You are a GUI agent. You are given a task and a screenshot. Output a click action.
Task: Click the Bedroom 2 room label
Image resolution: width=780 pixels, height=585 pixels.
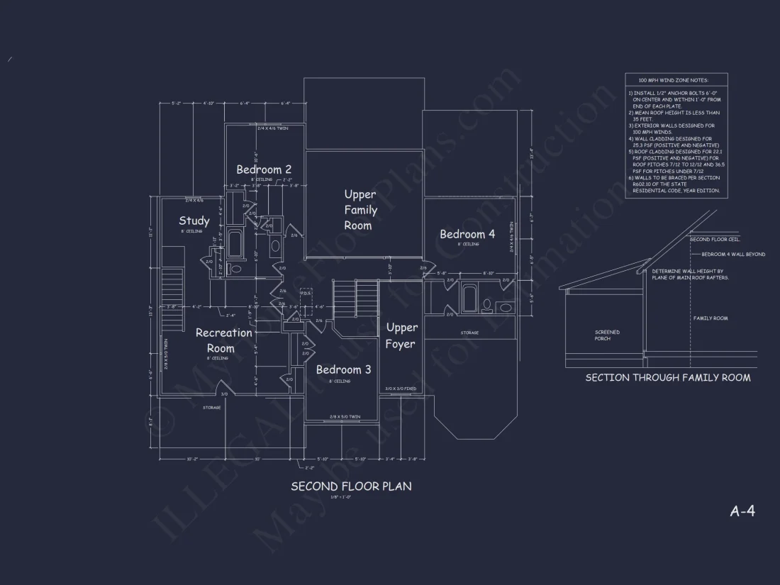pos(264,169)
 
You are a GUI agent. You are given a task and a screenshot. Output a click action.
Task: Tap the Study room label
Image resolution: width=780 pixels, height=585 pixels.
pos(194,221)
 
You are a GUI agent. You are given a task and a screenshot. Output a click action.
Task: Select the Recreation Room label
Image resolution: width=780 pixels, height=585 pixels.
pos(223,340)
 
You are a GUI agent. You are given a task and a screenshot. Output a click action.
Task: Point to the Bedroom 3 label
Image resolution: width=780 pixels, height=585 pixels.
pos(343,369)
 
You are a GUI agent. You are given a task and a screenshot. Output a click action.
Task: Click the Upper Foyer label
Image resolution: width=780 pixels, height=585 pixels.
pos(401,335)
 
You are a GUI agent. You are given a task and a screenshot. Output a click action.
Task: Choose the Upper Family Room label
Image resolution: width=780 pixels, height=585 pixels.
pos(360,209)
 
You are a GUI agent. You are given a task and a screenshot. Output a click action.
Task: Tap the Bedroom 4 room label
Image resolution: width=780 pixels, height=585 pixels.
pos(467,234)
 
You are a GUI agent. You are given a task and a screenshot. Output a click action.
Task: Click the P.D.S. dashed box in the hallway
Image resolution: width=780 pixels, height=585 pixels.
pos(306,303)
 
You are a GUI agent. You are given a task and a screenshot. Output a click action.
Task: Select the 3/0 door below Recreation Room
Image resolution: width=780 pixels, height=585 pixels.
pos(224,394)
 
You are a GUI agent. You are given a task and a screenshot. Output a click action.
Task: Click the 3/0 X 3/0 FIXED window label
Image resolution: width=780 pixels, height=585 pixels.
pos(400,389)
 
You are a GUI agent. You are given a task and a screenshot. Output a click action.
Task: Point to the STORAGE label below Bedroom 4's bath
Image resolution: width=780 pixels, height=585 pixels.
pos(469,333)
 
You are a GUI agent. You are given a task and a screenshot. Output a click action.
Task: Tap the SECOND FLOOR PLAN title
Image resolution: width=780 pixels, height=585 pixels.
pos(350,486)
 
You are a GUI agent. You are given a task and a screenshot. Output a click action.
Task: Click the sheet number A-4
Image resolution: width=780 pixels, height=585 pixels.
pos(742,511)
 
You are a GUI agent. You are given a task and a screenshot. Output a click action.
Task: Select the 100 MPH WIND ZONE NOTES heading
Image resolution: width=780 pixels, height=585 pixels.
pos(673,81)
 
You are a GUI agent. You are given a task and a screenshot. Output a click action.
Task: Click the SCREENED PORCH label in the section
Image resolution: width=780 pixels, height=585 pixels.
pos(607,335)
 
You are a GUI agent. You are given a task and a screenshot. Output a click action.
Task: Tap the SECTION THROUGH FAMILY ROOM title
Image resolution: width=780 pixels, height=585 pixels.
pos(667,378)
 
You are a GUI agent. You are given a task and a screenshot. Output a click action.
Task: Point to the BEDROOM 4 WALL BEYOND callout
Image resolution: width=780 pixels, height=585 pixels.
pos(733,254)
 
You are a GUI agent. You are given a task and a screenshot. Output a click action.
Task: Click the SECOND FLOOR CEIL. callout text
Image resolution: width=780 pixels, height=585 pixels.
pos(715,240)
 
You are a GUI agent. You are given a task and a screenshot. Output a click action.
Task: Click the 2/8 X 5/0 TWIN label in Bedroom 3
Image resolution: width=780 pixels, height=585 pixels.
pos(345,416)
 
